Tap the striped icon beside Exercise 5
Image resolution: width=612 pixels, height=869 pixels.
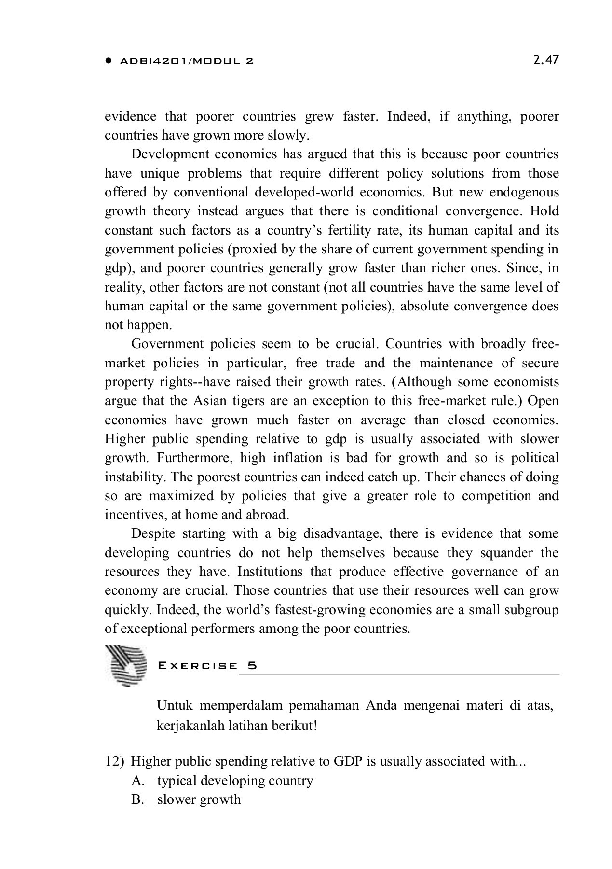(x=125, y=666)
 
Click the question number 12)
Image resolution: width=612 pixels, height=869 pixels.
(x=115, y=761)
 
